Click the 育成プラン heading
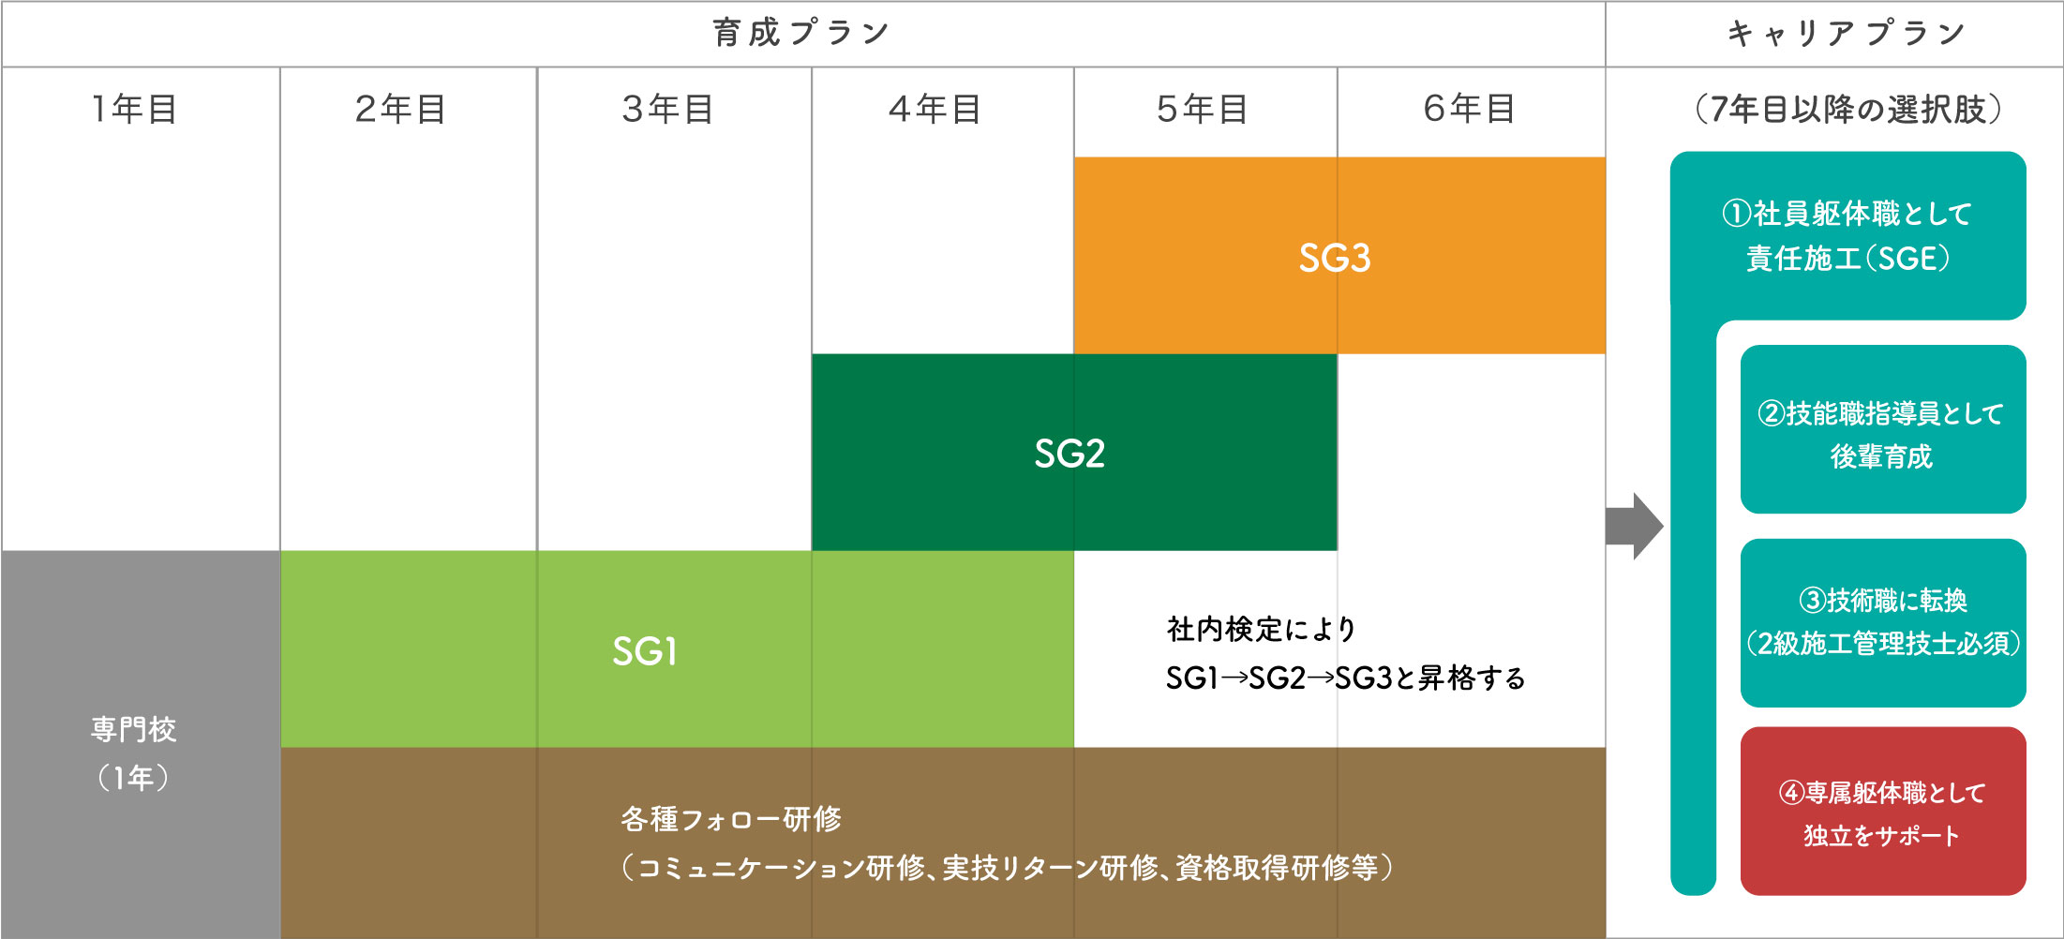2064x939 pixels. (801, 33)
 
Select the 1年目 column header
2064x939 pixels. (134, 109)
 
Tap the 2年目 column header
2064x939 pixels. (400, 109)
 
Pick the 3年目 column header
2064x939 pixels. (668, 109)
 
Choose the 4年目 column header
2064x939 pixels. (935, 109)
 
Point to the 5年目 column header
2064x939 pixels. (1203, 109)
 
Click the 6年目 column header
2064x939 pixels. (1470, 109)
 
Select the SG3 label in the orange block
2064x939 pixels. (1335, 258)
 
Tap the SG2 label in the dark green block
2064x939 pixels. (1069, 454)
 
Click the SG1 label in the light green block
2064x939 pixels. (645, 651)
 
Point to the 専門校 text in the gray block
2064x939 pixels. (134, 729)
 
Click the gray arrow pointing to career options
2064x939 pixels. (1634, 526)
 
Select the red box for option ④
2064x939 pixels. (1883, 812)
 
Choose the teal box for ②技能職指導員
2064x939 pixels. (1883, 429)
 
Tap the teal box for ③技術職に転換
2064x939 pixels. (1883, 623)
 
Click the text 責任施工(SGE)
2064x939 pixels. (1847, 258)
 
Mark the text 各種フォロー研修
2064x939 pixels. (731, 819)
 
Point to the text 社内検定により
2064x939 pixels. (1262, 629)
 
